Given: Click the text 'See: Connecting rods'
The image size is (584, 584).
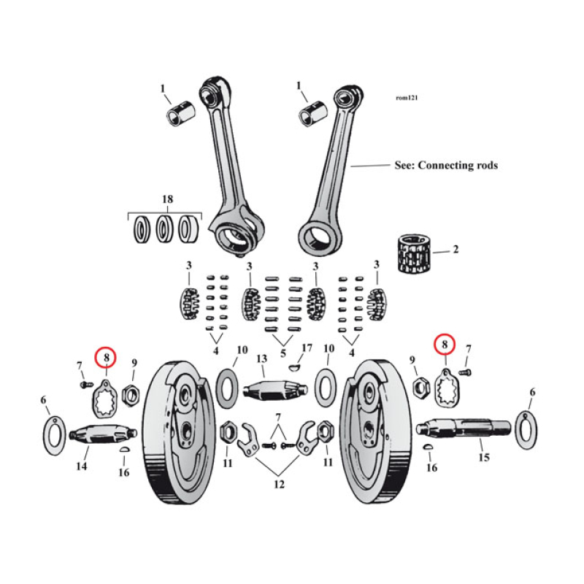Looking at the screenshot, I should [445, 166].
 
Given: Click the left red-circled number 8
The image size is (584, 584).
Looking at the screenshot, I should [107, 357].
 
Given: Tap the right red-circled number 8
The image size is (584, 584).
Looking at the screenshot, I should [444, 343].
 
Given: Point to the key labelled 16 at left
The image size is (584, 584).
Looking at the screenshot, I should [124, 452].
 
